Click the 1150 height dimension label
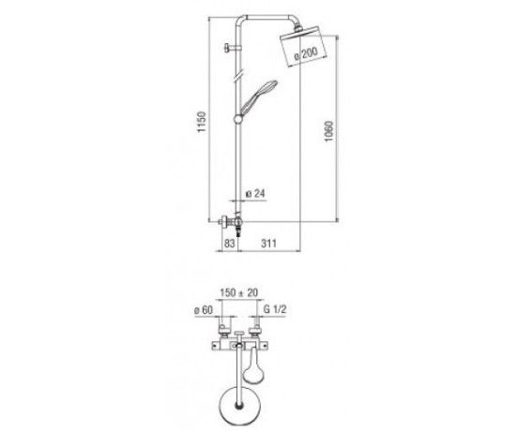click(x=201, y=123)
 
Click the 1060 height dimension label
click(x=329, y=131)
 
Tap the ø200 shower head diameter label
click(x=306, y=53)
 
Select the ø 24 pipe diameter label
click(x=255, y=194)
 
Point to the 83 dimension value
click(x=229, y=244)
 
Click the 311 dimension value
click(x=268, y=244)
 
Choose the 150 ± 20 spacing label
click(x=239, y=292)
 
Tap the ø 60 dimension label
click(x=204, y=309)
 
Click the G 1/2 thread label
click(x=275, y=309)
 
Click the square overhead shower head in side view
click(x=303, y=47)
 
